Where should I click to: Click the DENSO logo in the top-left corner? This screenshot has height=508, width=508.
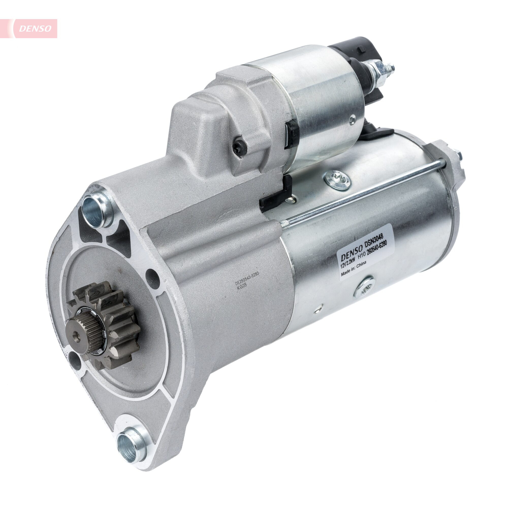(x=35, y=28)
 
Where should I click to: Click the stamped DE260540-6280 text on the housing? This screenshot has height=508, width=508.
(x=247, y=279)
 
